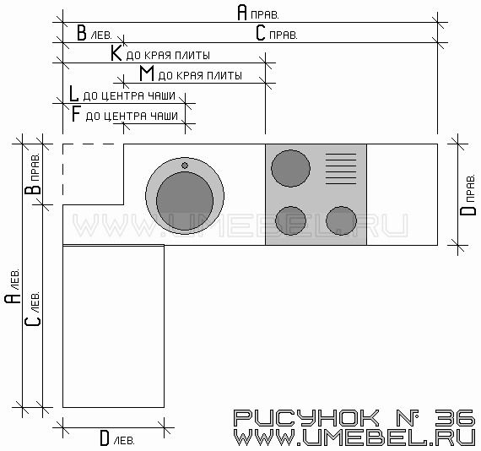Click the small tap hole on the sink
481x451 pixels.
coord(185,166)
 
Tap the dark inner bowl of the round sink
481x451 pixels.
coord(185,201)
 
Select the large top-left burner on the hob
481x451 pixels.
coord(290,168)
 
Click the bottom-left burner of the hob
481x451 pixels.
coord(290,220)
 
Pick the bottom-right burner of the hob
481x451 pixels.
coord(341,220)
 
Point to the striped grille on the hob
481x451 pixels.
coord(341,169)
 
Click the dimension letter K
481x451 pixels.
coord(116,53)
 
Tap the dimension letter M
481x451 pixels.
coord(147,73)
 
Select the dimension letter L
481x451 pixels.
coord(73,94)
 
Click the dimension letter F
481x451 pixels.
coord(75,114)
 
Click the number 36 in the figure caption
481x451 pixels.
coord(455,417)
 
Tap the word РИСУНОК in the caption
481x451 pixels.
coord(306,417)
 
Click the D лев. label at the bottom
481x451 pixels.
coord(117,438)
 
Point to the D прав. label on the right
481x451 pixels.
coord(468,195)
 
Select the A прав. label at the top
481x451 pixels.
coord(258,13)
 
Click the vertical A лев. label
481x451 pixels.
coord(13,286)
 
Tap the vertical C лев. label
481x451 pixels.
coord(33,309)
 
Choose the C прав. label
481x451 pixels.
coord(277,33)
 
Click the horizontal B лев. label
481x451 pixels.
coord(95,33)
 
